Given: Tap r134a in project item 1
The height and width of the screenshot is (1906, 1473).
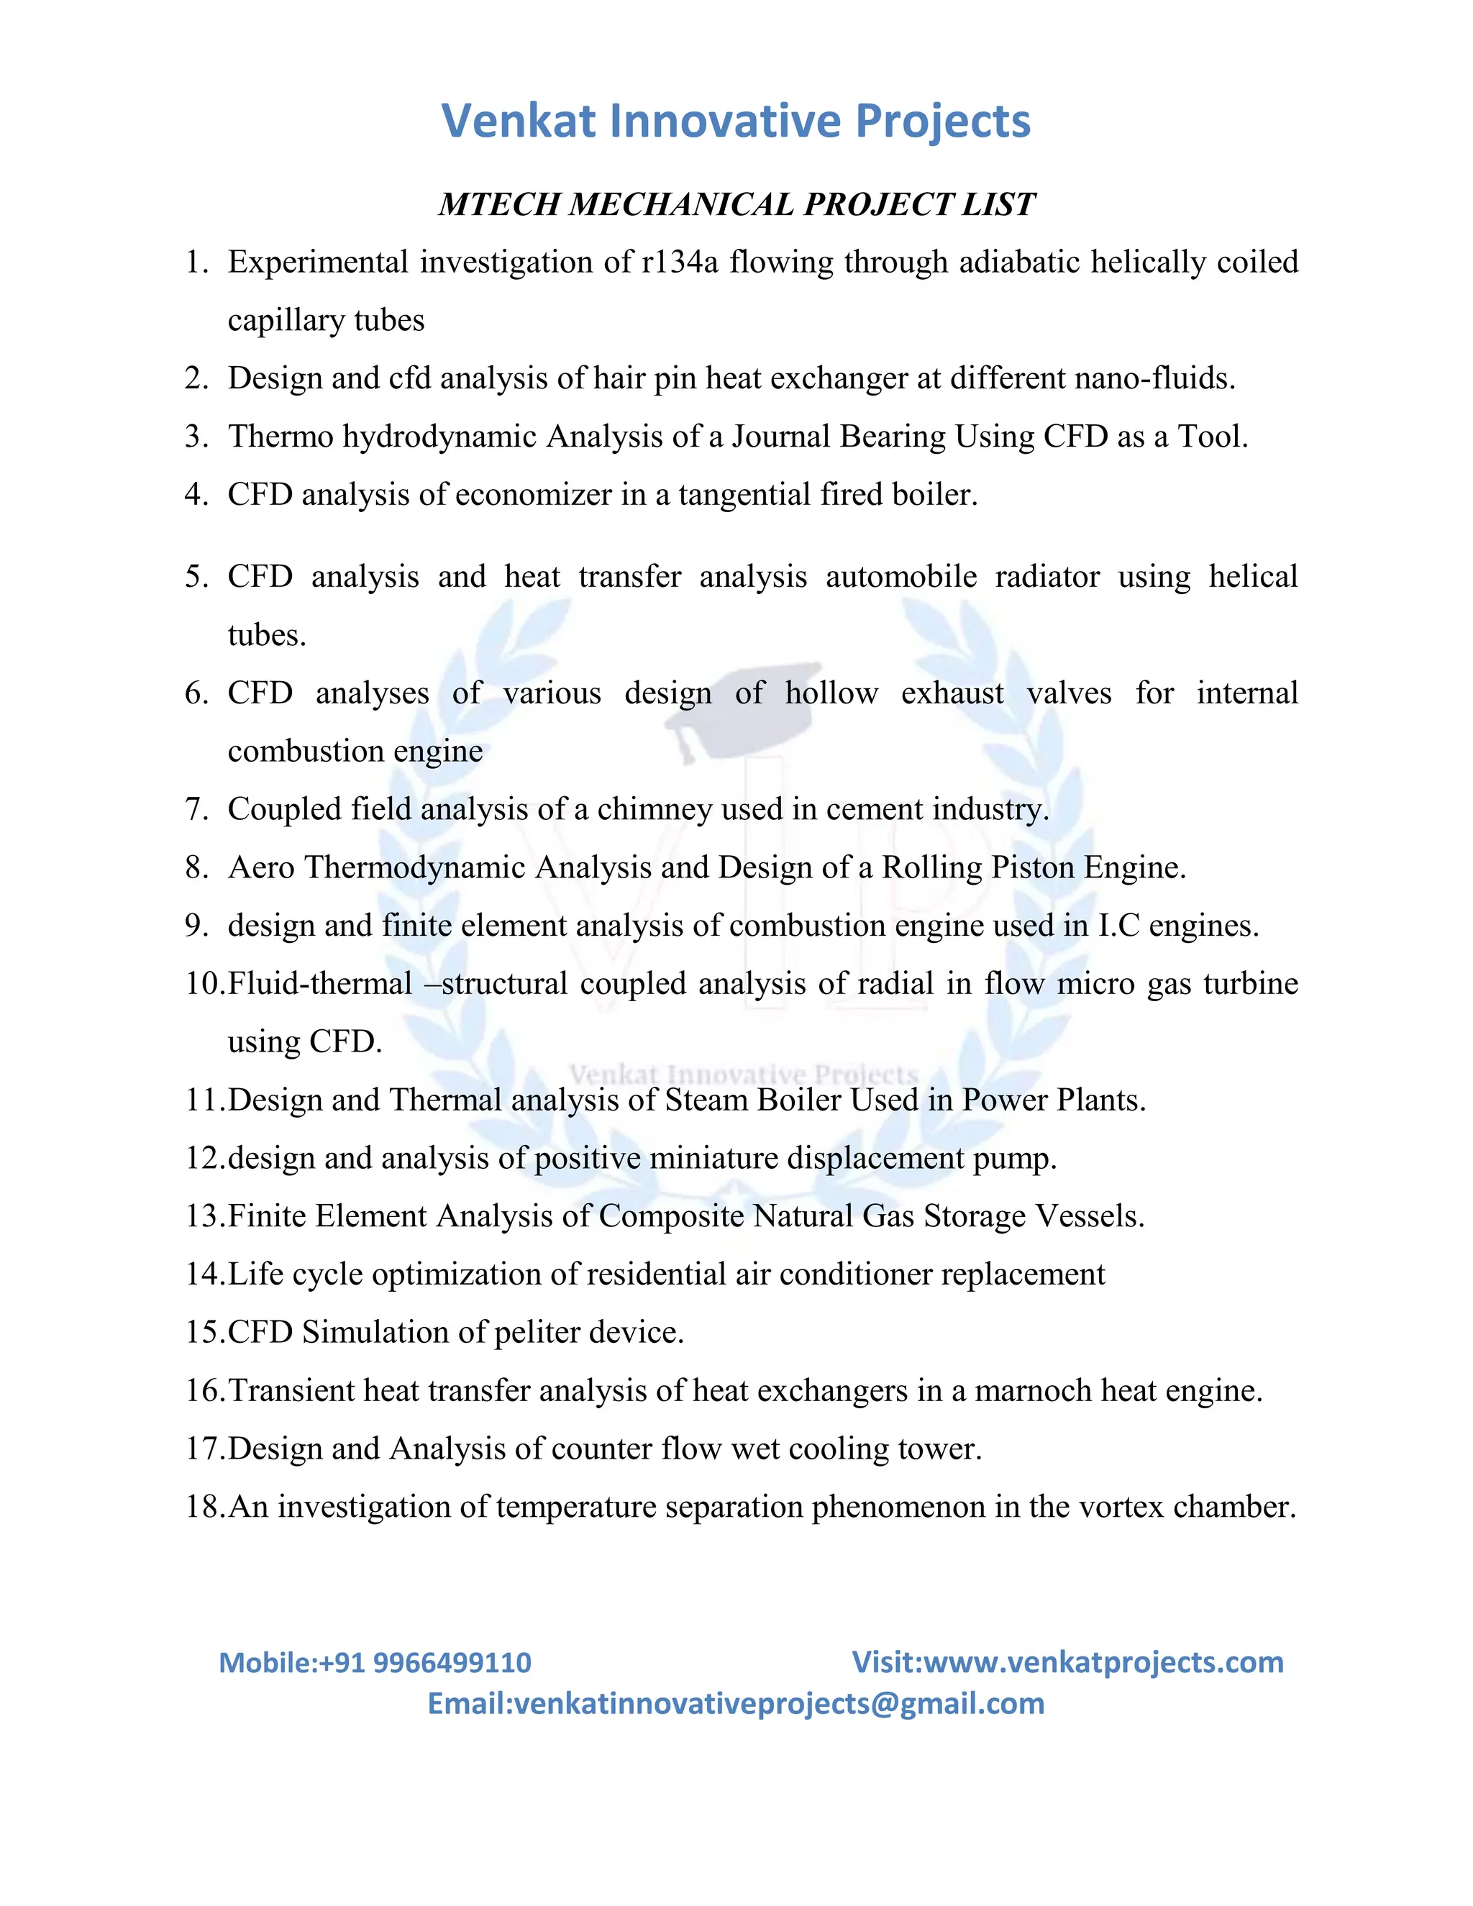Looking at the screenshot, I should tap(680, 262).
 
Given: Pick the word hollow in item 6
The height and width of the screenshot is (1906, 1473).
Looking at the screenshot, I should tap(831, 693).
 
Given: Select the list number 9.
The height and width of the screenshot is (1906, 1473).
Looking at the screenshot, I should tap(196, 926).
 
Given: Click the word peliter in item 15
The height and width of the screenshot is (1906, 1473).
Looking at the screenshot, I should tap(537, 1333).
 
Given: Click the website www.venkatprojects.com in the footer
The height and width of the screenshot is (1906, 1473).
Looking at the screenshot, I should tap(1103, 1662).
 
